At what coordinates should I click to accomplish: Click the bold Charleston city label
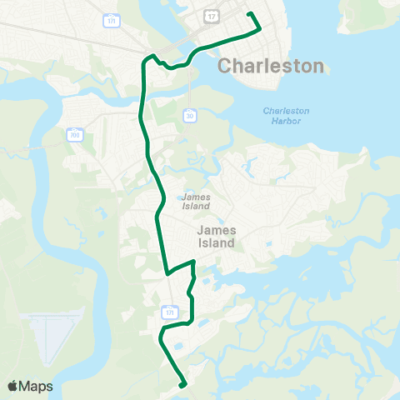(270, 66)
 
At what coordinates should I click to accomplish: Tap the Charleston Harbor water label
(286, 117)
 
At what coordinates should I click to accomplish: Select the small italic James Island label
(195, 202)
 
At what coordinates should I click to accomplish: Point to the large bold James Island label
(216, 236)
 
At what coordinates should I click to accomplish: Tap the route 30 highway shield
(191, 114)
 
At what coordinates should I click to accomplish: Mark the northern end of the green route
(248, 13)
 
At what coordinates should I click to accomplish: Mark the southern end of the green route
(182, 384)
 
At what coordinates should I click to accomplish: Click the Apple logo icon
(12, 386)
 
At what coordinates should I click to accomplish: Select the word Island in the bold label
(216, 243)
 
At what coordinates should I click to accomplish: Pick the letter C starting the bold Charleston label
(223, 67)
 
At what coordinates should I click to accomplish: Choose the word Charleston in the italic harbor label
(286, 111)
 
